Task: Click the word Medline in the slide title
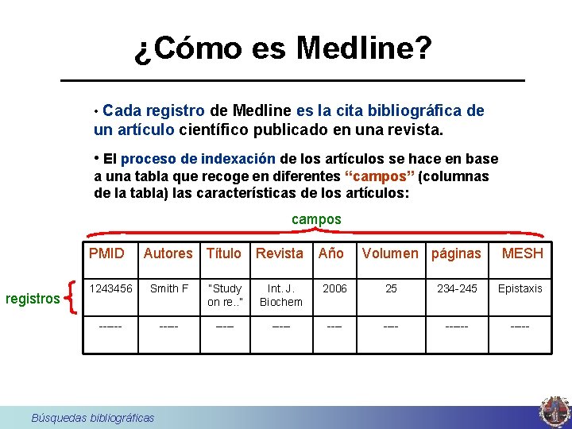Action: tap(364, 49)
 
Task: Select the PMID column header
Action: tap(106, 253)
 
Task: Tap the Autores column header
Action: tap(168, 253)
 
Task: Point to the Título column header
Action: tap(224, 253)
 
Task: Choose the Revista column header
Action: tap(280, 253)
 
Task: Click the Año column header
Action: tap(331, 253)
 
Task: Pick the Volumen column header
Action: tap(390, 253)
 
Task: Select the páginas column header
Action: tap(456, 253)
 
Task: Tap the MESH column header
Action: tap(523, 253)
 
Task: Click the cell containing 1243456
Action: tap(111, 288)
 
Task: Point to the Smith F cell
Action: tap(169, 288)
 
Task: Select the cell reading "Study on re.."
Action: tap(225, 295)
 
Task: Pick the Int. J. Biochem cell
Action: tap(281, 295)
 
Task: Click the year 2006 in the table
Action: tap(334, 288)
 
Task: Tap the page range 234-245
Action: tap(458, 288)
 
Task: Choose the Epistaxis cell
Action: tap(520, 288)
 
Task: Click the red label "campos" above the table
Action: tap(316, 218)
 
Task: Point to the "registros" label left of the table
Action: tap(33, 299)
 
